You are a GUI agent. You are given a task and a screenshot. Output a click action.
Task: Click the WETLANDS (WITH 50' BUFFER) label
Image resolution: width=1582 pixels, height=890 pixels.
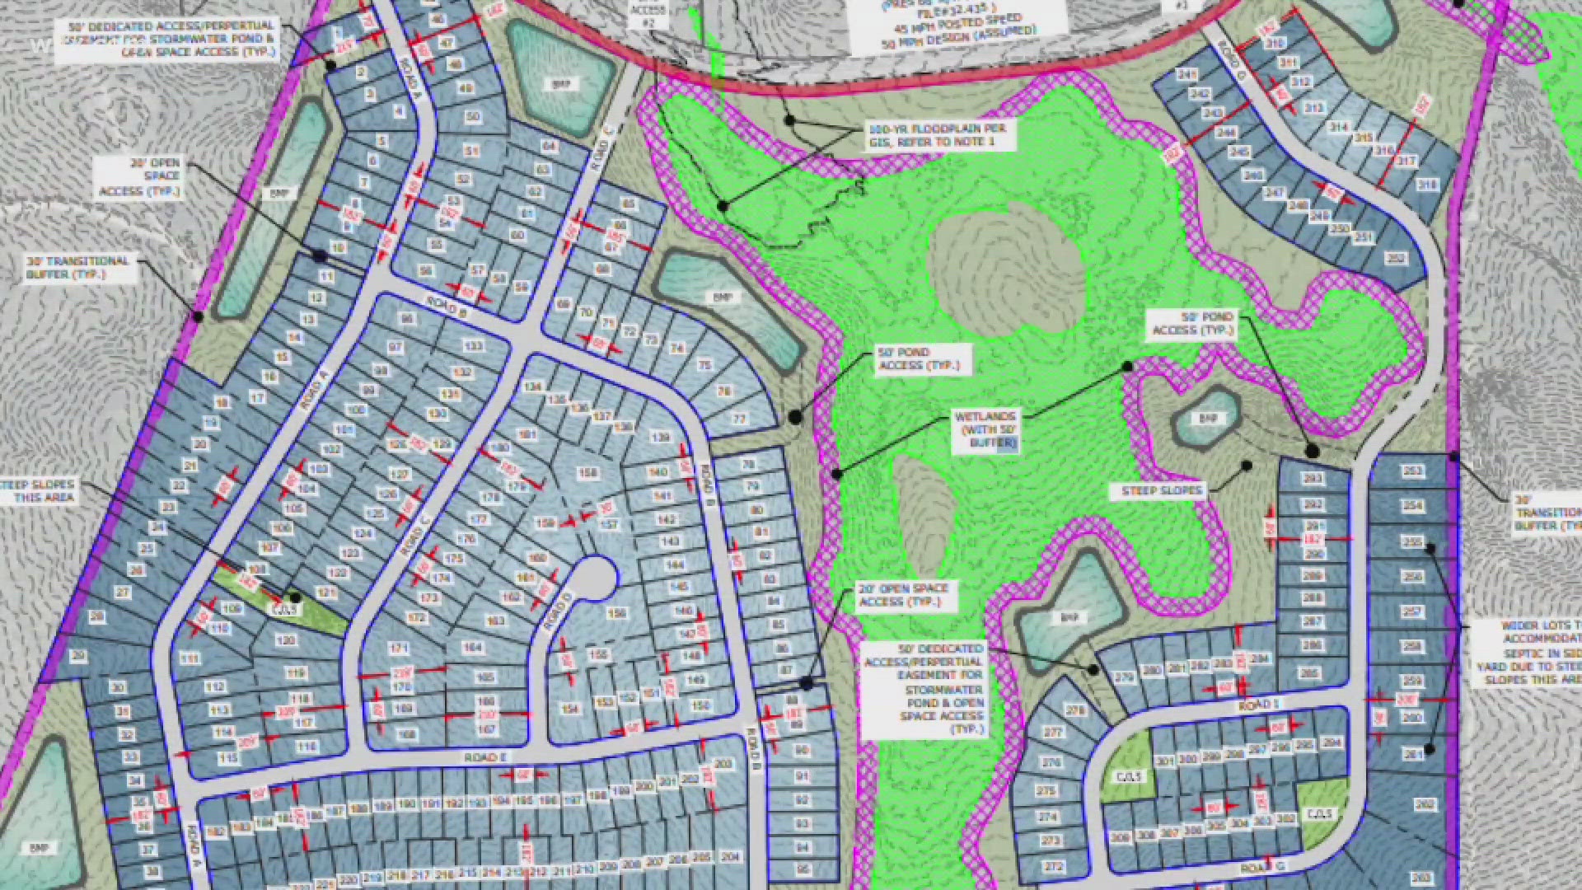pyautogui.click(x=986, y=430)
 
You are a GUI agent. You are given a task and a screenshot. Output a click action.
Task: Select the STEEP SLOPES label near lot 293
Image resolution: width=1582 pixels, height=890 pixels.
pyautogui.click(x=1162, y=491)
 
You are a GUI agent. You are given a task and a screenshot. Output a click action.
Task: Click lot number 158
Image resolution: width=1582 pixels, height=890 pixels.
pyautogui.click(x=587, y=473)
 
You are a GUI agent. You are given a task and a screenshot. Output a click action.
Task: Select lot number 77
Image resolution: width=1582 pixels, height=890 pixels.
pyautogui.click(x=739, y=419)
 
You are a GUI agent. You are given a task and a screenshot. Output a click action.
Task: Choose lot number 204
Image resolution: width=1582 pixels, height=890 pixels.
pyautogui.click(x=729, y=857)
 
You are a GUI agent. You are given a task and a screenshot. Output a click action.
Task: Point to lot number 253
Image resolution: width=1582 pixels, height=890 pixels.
pyautogui.click(x=1412, y=471)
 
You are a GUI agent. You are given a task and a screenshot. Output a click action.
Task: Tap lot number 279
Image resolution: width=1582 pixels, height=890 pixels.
pyautogui.click(x=1124, y=677)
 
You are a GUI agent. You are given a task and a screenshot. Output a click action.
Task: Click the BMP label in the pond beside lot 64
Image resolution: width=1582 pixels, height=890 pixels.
pyautogui.click(x=561, y=84)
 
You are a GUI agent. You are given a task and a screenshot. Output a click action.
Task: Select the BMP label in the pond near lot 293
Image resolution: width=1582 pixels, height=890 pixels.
pyautogui.click(x=1207, y=419)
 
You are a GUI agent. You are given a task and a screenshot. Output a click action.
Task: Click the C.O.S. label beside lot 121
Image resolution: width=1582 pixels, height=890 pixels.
pyautogui.click(x=284, y=610)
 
